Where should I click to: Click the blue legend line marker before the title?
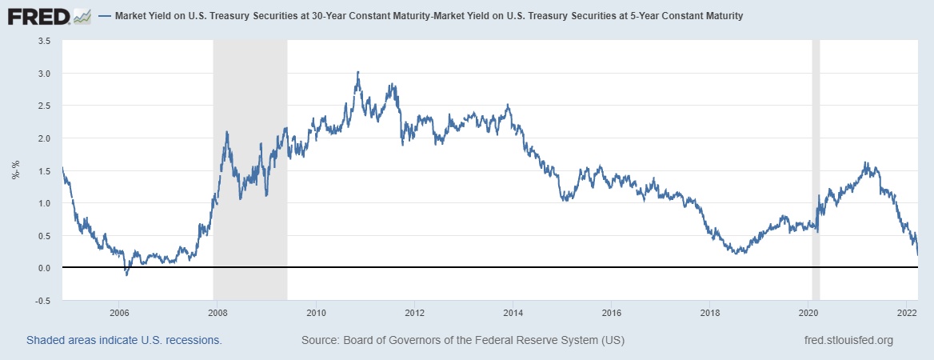click(x=105, y=16)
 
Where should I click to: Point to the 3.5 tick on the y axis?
click(x=45, y=40)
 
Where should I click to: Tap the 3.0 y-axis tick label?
click(x=45, y=74)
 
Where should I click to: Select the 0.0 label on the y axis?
click(x=45, y=268)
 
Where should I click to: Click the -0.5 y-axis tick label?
click(x=43, y=301)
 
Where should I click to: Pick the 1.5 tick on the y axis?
click(x=45, y=170)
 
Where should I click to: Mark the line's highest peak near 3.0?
click(x=357, y=72)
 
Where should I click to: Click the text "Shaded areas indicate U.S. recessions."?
click(x=124, y=340)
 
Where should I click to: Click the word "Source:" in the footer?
click(x=321, y=340)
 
